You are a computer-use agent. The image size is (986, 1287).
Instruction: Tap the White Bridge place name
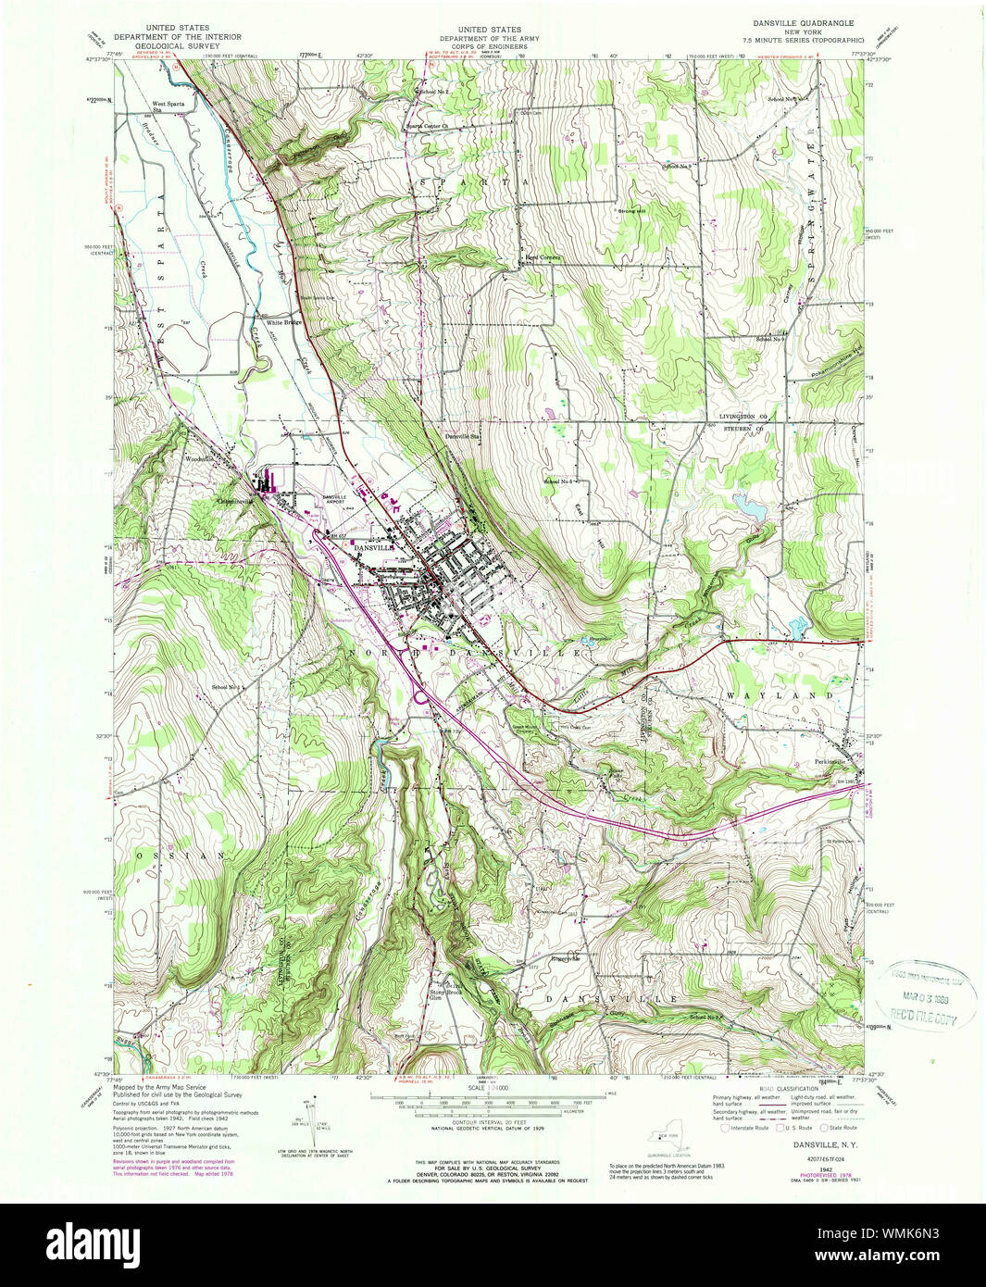tap(285, 323)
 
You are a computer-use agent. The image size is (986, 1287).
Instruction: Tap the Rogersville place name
tap(565, 958)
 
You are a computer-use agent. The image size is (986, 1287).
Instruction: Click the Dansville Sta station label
tap(462, 436)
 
